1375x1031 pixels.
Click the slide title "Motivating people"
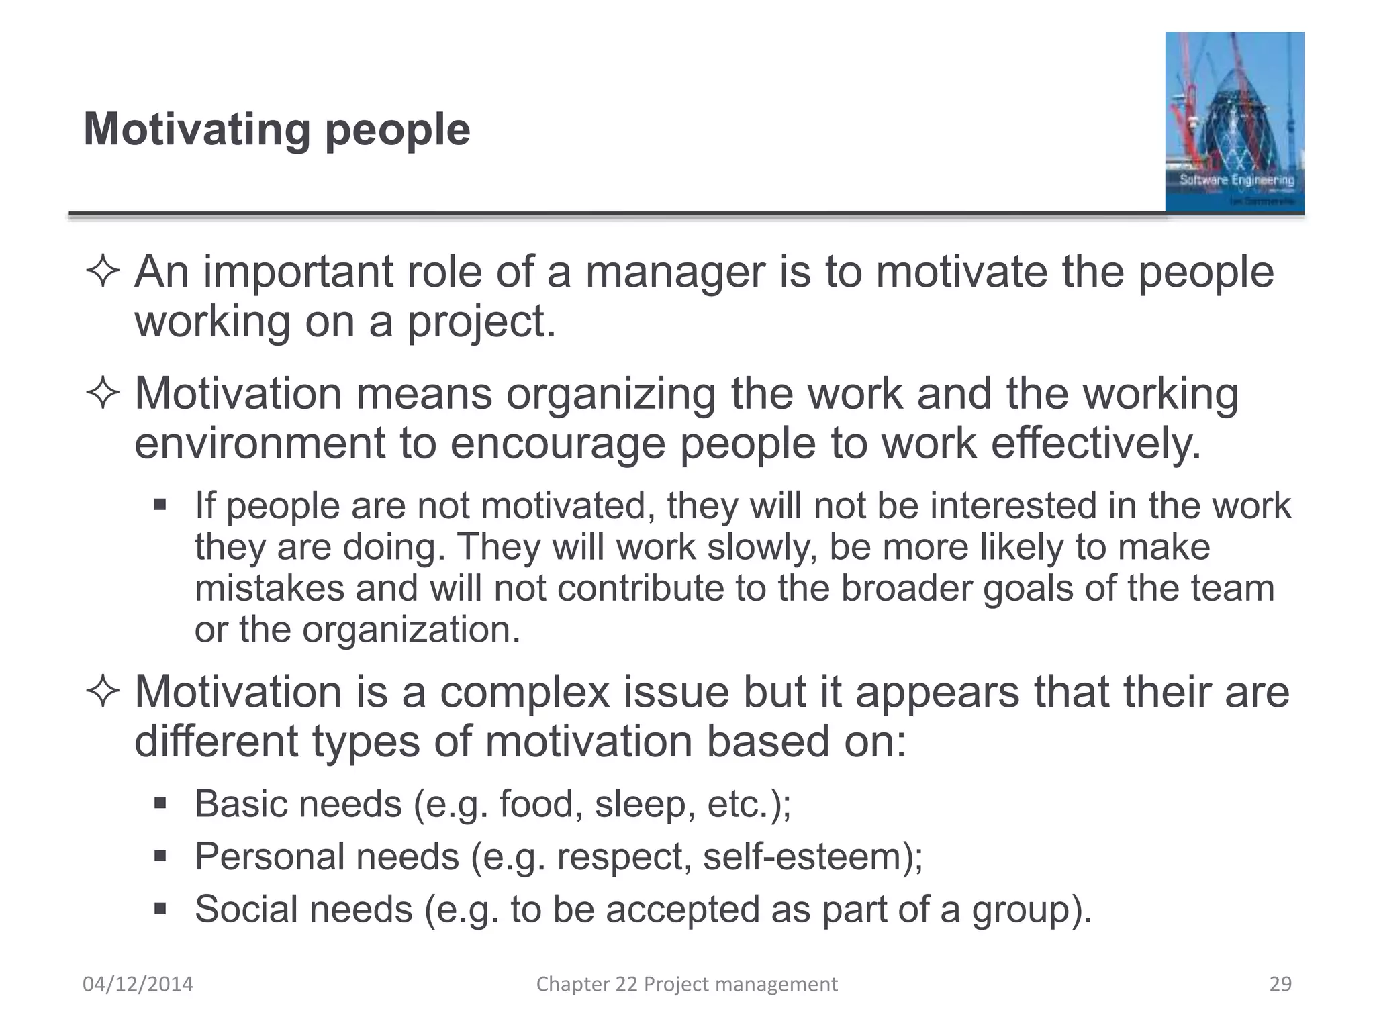tap(277, 129)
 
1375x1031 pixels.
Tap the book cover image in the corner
tap(1234, 122)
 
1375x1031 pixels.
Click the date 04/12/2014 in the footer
tap(138, 984)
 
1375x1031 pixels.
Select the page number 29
tap(1280, 984)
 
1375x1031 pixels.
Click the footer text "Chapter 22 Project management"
tap(687, 984)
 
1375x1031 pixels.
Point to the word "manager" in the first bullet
tap(675, 273)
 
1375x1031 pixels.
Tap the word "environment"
tap(260, 444)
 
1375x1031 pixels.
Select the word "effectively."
tap(1096, 444)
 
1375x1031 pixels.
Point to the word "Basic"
tap(240, 803)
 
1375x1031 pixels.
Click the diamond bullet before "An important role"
tap(103, 273)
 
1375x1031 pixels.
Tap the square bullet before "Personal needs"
tap(160, 856)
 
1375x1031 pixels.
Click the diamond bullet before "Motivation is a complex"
tap(103, 693)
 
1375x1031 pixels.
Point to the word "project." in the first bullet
tap(482, 322)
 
